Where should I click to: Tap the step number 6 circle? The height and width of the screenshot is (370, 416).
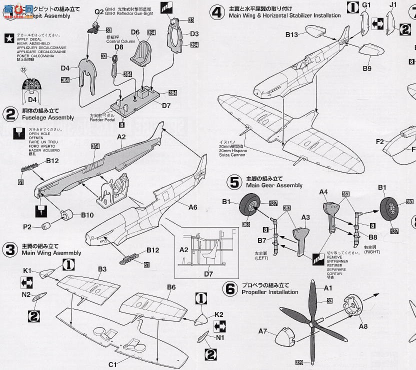[x=230, y=288]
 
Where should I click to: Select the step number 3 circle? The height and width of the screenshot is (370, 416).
[x=10, y=249]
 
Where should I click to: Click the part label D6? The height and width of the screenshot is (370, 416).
[x=135, y=32]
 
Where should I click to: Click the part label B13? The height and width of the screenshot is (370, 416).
[x=292, y=34]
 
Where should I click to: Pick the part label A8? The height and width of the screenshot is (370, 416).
[x=363, y=324]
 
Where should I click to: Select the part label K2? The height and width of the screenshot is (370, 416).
[x=218, y=314]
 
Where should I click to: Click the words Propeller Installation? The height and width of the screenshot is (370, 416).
[x=269, y=292]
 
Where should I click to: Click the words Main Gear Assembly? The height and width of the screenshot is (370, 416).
[x=274, y=185]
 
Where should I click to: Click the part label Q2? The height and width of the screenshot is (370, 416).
[x=99, y=11]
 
